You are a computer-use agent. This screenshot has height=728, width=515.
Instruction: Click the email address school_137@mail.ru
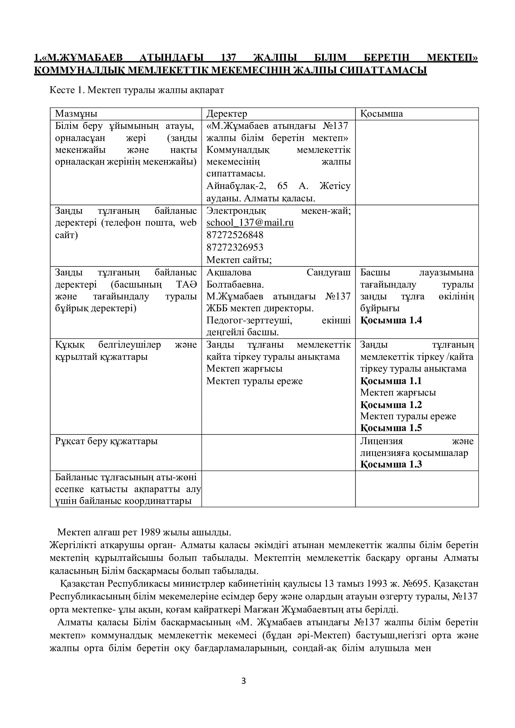250,223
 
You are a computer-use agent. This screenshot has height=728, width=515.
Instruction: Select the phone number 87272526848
235,235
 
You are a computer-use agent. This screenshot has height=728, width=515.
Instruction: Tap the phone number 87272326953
235,247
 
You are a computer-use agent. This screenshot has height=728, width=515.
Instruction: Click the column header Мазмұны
76,114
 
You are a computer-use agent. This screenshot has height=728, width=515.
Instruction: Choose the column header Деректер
227,114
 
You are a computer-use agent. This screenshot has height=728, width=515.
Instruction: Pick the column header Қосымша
381,114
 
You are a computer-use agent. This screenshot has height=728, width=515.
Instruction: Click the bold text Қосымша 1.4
391,320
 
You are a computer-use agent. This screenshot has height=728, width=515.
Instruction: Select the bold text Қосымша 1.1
391,380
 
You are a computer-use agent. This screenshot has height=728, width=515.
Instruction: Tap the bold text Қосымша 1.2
391,405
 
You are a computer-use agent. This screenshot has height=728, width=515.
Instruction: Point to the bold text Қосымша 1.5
391,428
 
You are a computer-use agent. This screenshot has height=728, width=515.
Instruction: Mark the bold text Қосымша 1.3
391,464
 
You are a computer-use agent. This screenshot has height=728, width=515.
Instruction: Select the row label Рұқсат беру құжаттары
106,441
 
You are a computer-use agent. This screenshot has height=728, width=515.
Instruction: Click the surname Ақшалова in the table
229,272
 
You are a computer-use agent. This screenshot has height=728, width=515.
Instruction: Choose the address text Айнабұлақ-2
236,186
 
